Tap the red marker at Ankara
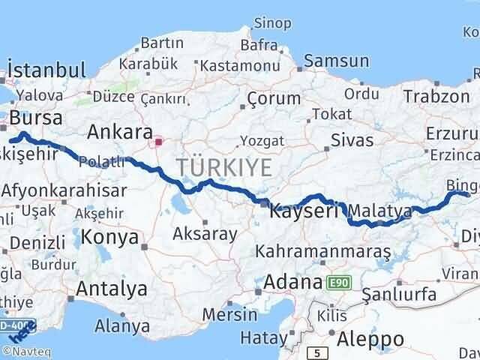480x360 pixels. tap(158, 140)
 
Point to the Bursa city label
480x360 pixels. tap(37, 118)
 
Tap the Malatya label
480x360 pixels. tap(380, 212)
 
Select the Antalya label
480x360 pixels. tap(112, 288)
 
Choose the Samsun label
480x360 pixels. tap(337, 61)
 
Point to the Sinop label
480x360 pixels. tap(273, 23)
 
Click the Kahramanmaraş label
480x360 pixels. tap(324, 251)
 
